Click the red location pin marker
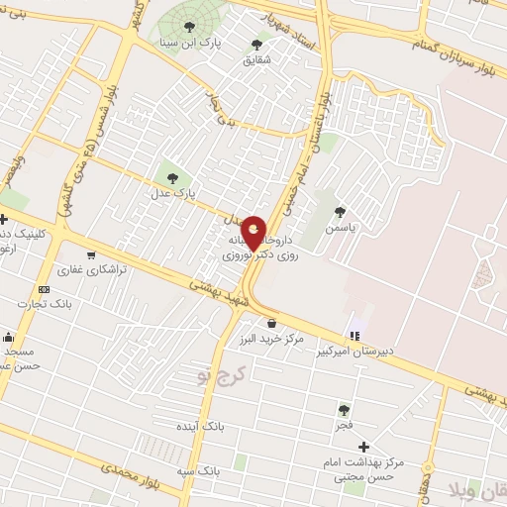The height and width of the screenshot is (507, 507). tap(253, 234)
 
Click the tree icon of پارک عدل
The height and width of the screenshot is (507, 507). tap(174, 178)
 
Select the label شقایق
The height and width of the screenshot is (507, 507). tap(256, 59)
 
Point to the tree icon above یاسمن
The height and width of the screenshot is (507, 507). tap(341, 211)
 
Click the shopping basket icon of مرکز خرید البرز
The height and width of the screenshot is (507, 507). tap(271, 323)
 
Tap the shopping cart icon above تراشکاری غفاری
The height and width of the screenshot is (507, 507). tap(91, 254)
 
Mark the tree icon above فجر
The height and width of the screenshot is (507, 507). tap(344, 409)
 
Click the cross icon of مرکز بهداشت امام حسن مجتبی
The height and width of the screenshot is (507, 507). tap(364, 448)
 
